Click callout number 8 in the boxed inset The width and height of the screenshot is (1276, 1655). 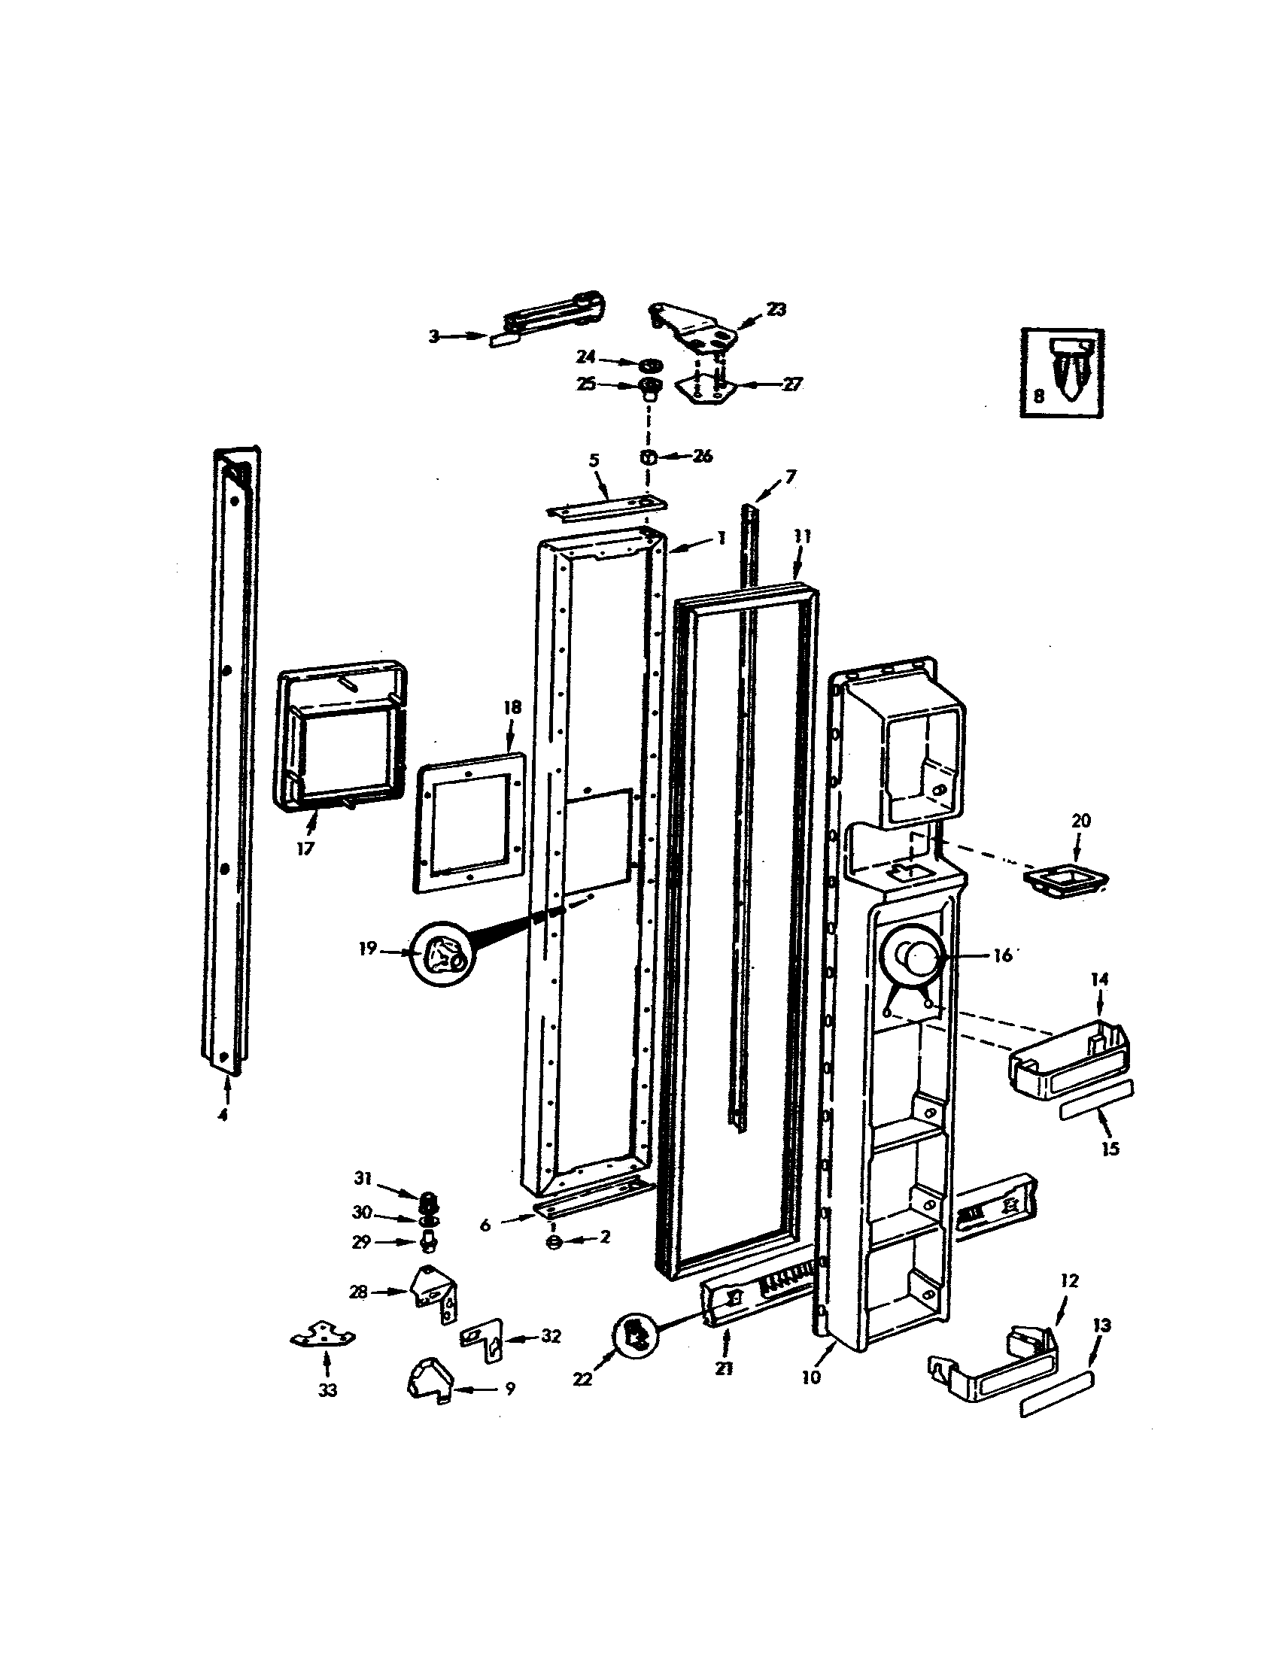point(1038,396)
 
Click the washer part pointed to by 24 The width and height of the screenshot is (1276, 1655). point(646,364)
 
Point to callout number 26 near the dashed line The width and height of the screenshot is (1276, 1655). point(703,457)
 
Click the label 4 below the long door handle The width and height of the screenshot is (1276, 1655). point(223,1116)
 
